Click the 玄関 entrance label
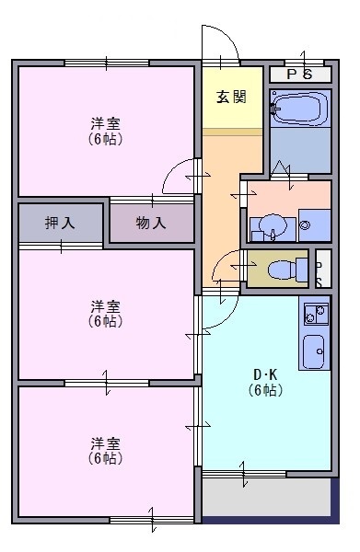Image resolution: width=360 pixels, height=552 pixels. click(231, 97)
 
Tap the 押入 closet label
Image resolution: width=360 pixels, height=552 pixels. click(60, 223)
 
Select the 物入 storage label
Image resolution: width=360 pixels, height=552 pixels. click(151, 223)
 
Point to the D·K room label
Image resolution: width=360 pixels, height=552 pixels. click(265, 374)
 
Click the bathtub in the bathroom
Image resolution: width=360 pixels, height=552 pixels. click(300, 108)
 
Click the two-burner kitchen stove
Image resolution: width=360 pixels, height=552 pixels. click(316, 314)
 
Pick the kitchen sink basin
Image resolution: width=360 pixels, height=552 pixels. click(314, 351)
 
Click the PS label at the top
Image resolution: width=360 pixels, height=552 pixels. click(299, 75)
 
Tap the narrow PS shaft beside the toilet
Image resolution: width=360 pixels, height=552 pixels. click(323, 269)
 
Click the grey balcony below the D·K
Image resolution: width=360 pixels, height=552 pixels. click(266, 497)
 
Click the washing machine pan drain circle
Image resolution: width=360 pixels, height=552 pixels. click(305, 224)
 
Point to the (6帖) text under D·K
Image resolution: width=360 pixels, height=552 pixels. click(265, 390)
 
